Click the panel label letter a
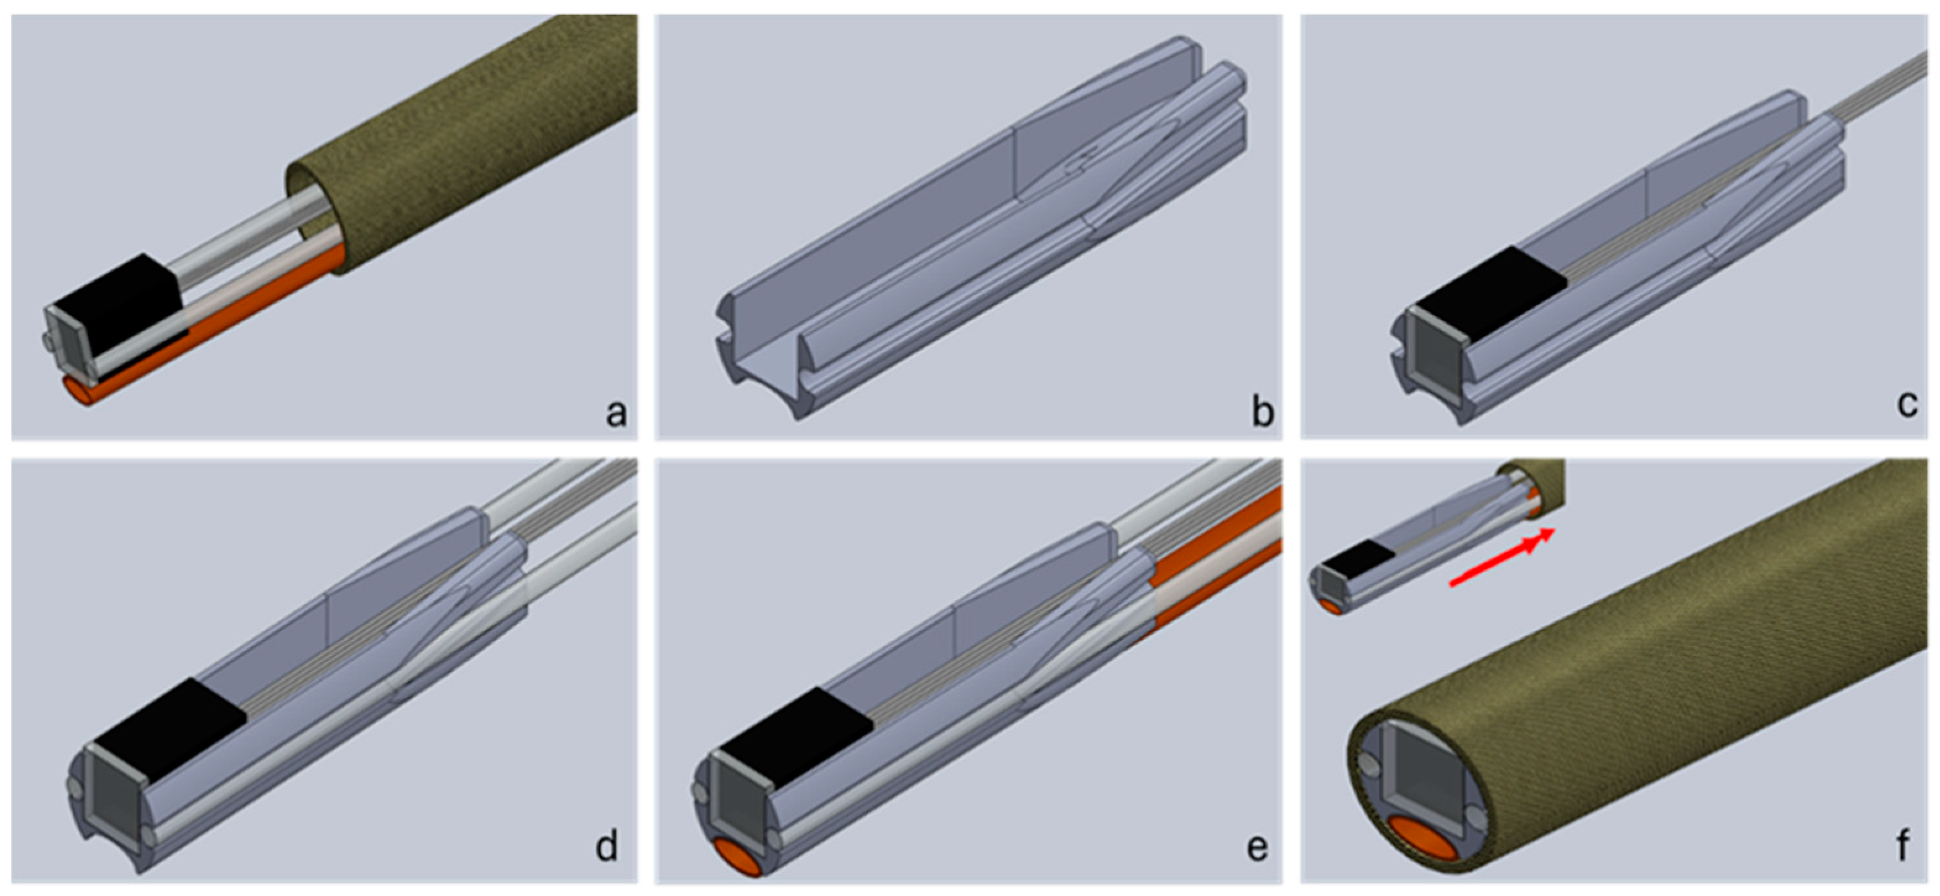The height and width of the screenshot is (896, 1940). pyautogui.click(x=616, y=413)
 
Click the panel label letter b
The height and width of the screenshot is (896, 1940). pyautogui.click(x=1262, y=411)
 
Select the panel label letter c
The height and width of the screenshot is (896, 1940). pyautogui.click(x=1907, y=405)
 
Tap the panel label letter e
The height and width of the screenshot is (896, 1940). pyautogui.click(x=1257, y=848)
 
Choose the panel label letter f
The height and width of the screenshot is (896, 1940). pyautogui.click(x=1903, y=845)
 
